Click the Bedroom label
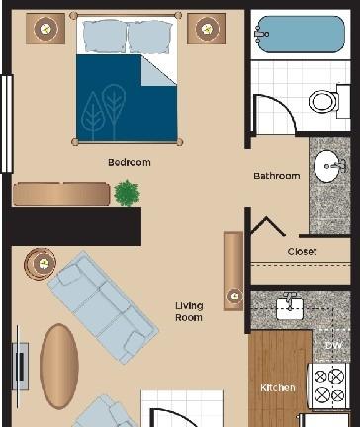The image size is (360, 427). [130, 162]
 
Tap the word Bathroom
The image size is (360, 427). [277, 176]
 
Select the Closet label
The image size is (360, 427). [302, 252]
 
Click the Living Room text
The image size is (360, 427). [189, 312]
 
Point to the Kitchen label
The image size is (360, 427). [278, 387]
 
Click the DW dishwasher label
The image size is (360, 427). [333, 345]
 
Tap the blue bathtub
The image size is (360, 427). [301, 35]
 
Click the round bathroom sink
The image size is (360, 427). [329, 166]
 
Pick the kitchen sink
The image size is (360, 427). [290, 308]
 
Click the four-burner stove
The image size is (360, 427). [328, 385]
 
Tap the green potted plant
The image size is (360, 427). [127, 193]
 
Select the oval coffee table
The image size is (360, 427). [59, 366]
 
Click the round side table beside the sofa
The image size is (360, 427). [41, 264]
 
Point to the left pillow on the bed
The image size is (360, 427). [104, 37]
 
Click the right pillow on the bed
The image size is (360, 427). [150, 37]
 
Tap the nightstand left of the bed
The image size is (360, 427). [45, 29]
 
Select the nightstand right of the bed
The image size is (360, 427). [207, 29]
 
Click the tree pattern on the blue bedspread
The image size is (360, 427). [104, 111]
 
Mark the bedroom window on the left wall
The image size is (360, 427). [7, 124]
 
